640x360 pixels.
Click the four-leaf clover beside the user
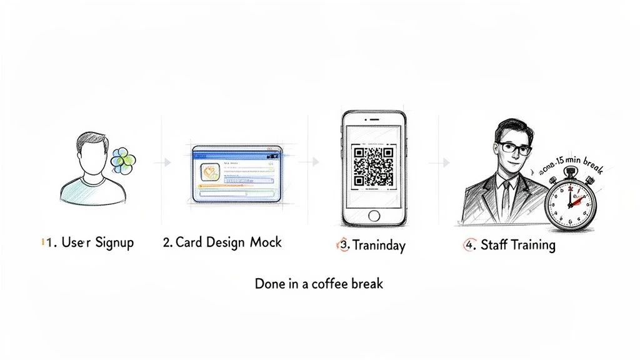tap(122, 161)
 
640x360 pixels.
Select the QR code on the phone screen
tap(373, 166)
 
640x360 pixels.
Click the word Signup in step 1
tap(114, 242)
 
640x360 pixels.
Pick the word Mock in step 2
tap(266, 242)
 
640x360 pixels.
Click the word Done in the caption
tap(268, 283)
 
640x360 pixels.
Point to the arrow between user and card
tap(166, 162)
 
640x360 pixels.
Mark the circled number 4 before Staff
tap(469, 244)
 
